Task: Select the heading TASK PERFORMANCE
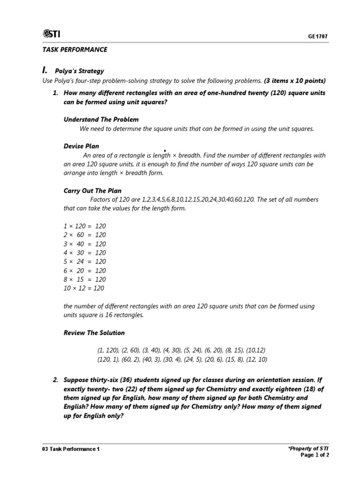click(x=75, y=49)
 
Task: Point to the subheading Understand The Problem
click(x=101, y=120)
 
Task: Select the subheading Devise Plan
click(x=81, y=146)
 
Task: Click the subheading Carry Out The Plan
click(x=92, y=191)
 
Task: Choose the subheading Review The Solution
click(x=94, y=333)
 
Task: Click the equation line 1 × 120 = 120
click(x=85, y=226)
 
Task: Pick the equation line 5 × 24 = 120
click(x=85, y=262)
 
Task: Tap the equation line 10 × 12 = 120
click(x=84, y=288)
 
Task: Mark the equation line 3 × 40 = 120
click(x=85, y=244)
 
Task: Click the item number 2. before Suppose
click(x=55, y=380)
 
